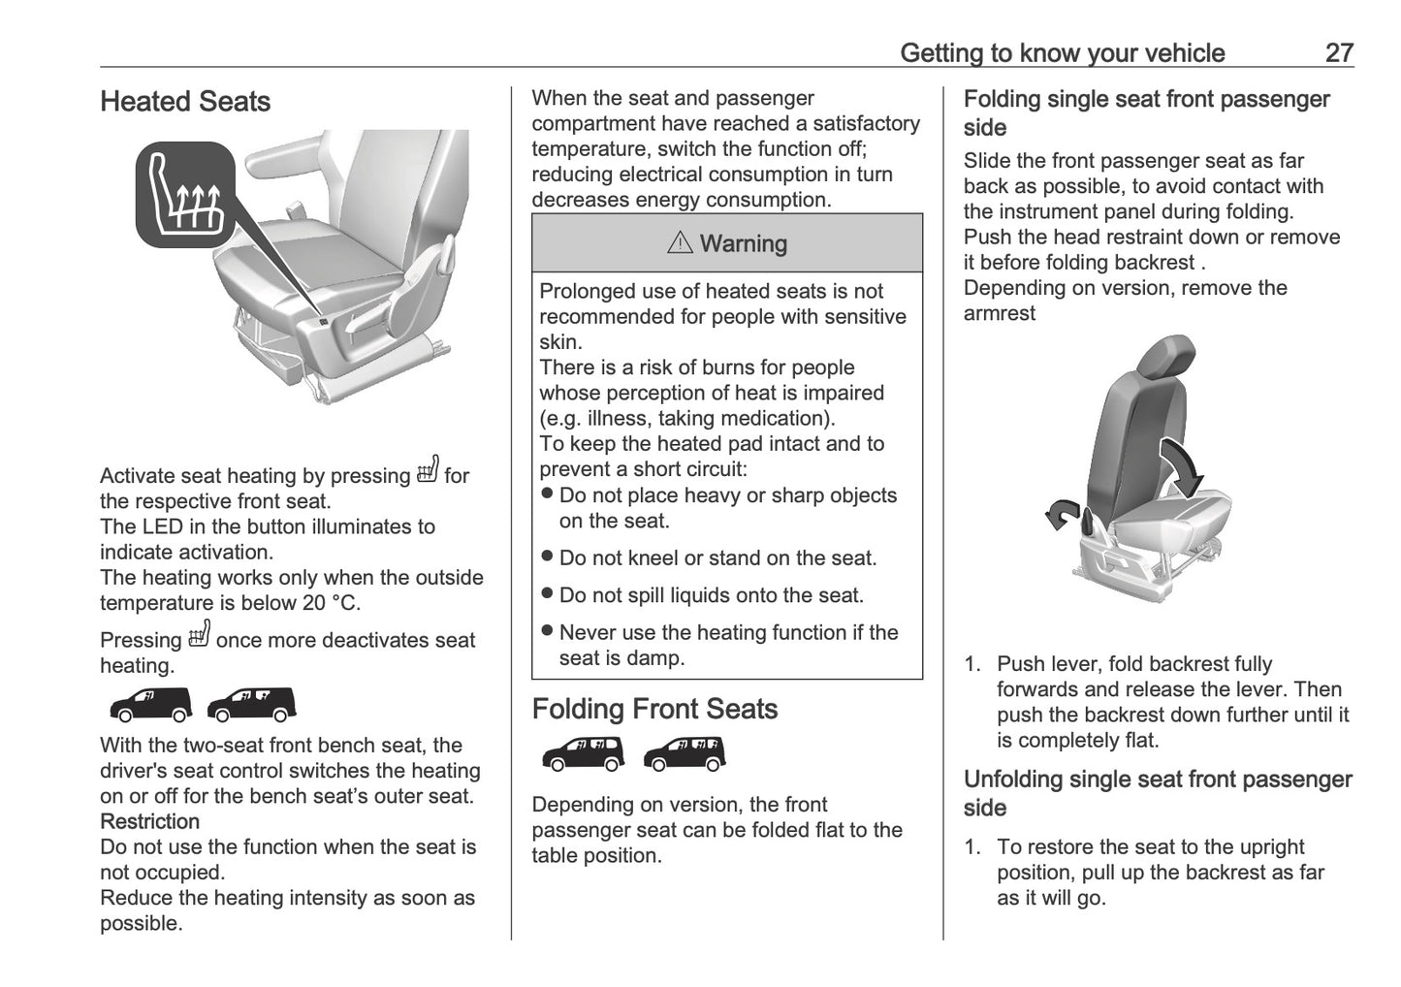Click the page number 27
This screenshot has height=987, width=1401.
coord(1338,52)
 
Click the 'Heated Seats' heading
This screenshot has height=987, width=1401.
coord(185,102)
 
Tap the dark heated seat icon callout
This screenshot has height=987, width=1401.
coord(186,194)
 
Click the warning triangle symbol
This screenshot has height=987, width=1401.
coord(680,243)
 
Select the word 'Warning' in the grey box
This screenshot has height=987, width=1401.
coord(744,244)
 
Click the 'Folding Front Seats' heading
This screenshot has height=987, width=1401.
coord(654,709)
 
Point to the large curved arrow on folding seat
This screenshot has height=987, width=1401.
coord(1182,464)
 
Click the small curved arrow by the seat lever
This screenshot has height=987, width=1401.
coord(1062,514)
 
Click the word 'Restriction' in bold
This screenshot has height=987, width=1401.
coord(149,821)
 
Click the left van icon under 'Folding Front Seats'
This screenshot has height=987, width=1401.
coord(583,753)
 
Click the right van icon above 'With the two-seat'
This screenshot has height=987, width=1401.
coord(252,705)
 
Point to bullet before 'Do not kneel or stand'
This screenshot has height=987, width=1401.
coord(547,557)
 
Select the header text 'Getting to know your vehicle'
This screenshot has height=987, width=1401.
coord(1062,52)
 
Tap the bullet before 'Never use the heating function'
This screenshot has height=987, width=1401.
coord(547,631)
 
